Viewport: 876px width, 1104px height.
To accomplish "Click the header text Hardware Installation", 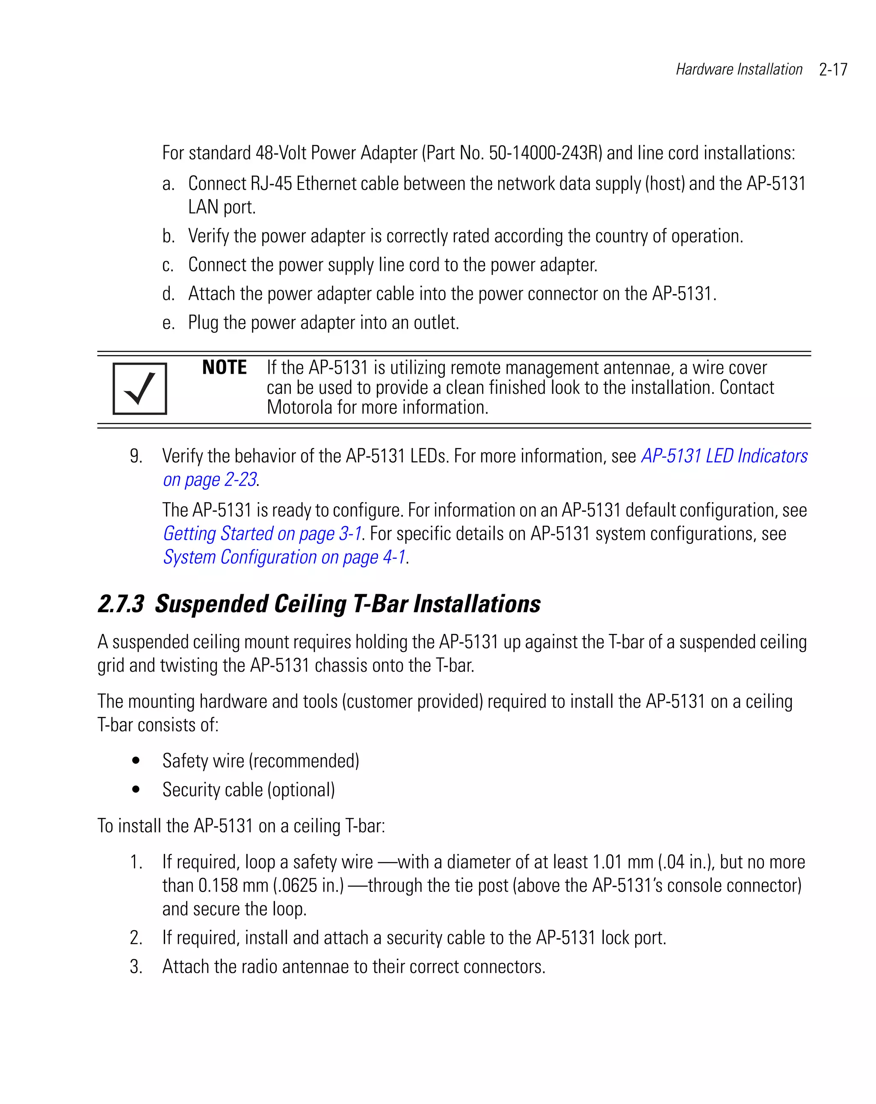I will (x=738, y=69).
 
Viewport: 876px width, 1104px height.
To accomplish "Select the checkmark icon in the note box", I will (x=140, y=389).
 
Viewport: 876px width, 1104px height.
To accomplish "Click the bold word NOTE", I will (x=224, y=368).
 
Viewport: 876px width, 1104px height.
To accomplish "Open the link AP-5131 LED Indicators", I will (x=724, y=456).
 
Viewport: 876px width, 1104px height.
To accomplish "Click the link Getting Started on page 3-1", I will (x=262, y=533).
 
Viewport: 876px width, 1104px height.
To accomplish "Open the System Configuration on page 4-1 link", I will (x=284, y=557).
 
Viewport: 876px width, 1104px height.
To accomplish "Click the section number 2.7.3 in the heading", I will (x=121, y=604).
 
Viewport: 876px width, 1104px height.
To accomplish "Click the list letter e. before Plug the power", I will (x=169, y=323).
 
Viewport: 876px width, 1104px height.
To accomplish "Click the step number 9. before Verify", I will (x=136, y=456).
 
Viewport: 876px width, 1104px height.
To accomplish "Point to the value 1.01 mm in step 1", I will (x=622, y=862).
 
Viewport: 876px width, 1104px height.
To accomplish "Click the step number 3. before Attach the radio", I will (x=136, y=967).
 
